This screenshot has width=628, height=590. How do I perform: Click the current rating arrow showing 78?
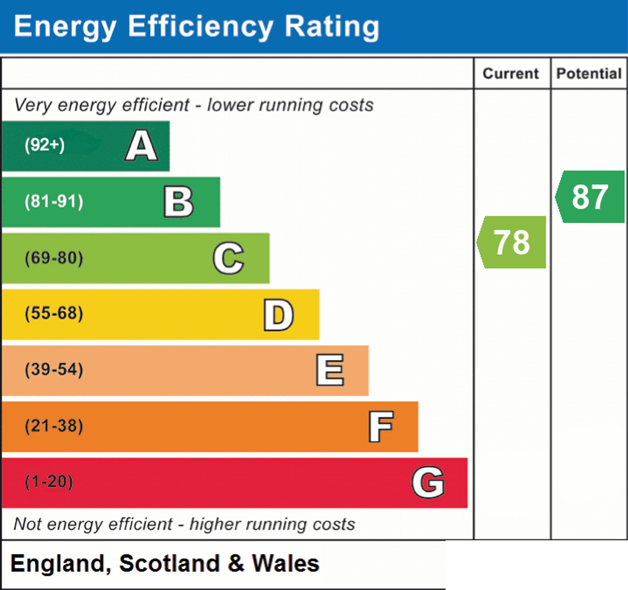coord(512,242)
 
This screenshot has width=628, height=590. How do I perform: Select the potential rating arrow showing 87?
coord(590,197)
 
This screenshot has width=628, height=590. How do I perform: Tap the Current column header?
coord(511,74)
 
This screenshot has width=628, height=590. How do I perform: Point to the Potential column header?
coord(589,74)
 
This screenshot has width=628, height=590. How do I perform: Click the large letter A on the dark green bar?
coord(142,146)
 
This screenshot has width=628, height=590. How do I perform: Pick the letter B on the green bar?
coord(178,202)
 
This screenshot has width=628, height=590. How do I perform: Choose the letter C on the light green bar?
coord(228,258)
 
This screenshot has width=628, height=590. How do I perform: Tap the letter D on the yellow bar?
coord(279,315)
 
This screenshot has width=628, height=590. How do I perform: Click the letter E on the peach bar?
coord(330,370)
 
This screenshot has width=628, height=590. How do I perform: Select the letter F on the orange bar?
coord(381,427)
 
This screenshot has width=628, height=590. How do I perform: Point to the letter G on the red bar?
coord(428,483)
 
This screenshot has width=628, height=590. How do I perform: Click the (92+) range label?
coord(45,145)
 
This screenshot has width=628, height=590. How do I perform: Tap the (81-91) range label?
coord(54,202)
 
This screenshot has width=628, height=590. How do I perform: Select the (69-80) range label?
coord(54,258)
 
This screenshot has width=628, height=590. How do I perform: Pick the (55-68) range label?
coord(54,314)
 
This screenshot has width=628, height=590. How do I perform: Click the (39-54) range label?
coord(54,370)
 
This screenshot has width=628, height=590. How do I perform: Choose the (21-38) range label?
coord(54,426)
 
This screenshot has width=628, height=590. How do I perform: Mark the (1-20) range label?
coord(49,482)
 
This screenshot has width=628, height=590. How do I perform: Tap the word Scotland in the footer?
coord(169,564)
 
